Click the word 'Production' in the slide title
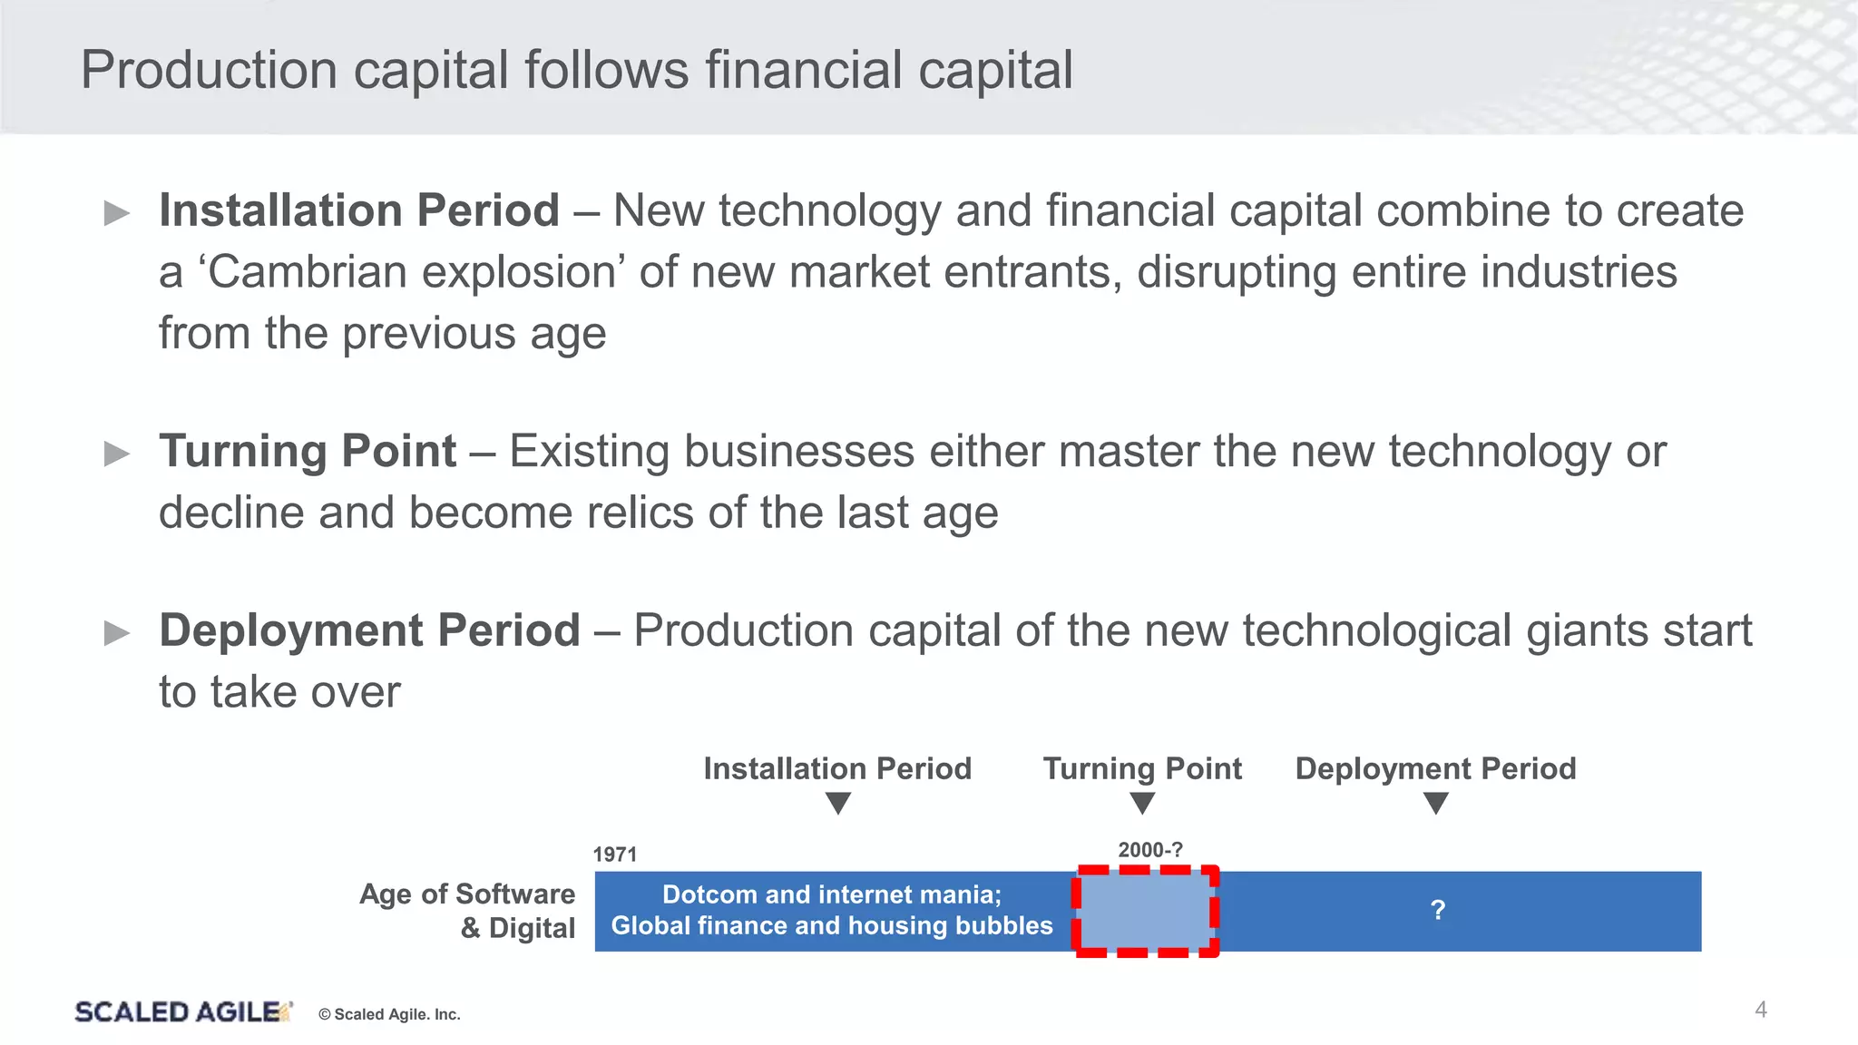(x=209, y=70)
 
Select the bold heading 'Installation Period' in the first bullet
(x=359, y=210)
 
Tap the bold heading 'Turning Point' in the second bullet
(x=308, y=451)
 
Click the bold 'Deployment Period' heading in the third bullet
(x=369, y=630)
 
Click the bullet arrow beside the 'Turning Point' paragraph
(x=117, y=453)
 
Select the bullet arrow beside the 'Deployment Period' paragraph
(x=117, y=632)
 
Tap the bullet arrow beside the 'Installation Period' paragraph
(x=117, y=213)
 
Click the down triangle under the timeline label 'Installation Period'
(x=838, y=803)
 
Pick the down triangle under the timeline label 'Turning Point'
(x=1142, y=803)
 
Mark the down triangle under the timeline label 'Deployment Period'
(x=1435, y=803)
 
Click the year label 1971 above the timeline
(x=614, y=855)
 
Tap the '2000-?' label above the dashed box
(x=1149, y=850)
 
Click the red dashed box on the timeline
(x=1146, y=911)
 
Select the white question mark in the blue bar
(x=1437, y=910)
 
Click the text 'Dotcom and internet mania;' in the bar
(x=832, y=894)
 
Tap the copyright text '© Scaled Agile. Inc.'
(x=389, y=1014)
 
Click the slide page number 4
(x=1760, y=1010)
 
